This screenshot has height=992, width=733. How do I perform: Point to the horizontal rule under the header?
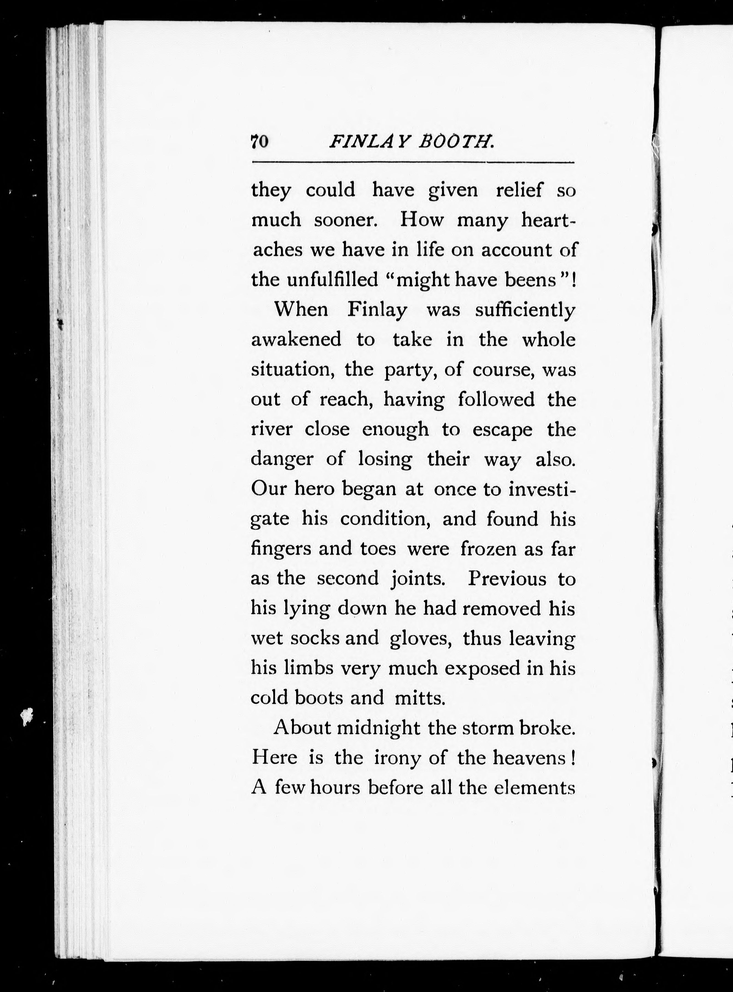413,162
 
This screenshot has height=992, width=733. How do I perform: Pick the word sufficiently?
525,310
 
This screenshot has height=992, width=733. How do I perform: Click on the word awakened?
296,340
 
